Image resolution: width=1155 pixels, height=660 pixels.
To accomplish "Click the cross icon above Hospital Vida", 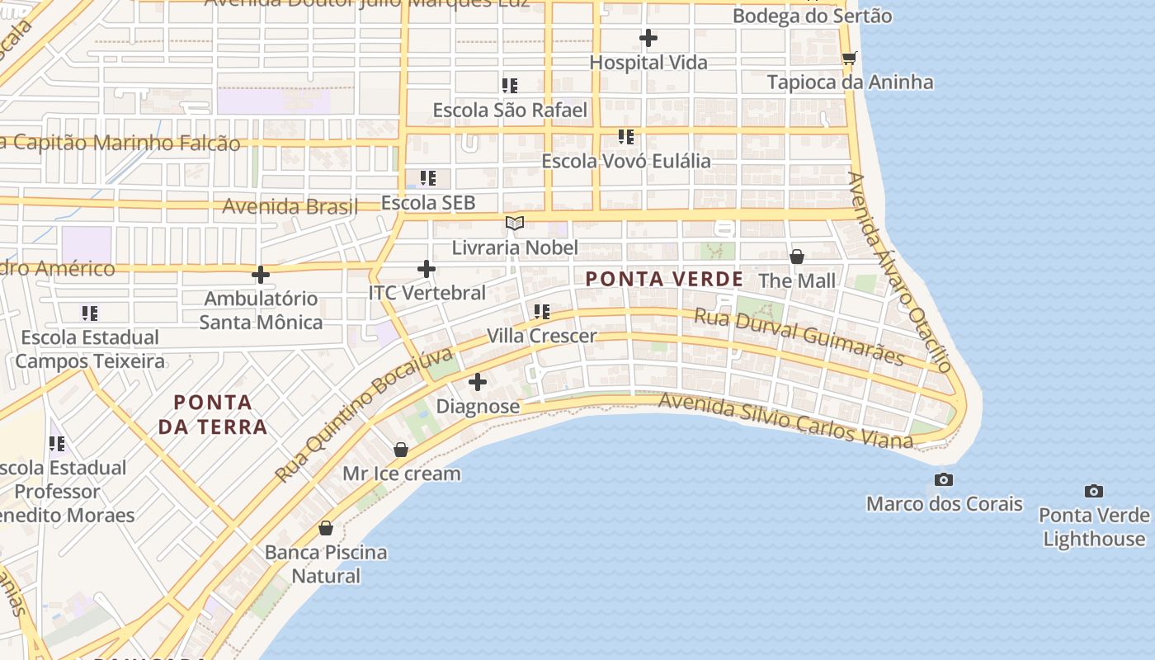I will (x=648, y=38).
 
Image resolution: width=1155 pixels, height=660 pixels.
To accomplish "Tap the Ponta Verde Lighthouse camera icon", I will (x=1094, y=492).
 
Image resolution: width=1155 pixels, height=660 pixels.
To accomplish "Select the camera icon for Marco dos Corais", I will (x=944, y=480).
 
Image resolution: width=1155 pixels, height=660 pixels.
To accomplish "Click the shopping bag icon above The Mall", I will (x=797, y=257).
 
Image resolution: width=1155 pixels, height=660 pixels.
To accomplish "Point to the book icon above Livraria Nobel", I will (x=515, y=224).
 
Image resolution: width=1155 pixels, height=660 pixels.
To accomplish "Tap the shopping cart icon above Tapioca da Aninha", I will (x=849, y=58).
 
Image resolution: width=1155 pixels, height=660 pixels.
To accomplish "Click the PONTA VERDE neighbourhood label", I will (x=664, y=279).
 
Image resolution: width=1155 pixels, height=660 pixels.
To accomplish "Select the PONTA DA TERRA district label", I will (x=213, y=414).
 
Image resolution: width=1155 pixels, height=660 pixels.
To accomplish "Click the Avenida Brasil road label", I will (x=290, y=206).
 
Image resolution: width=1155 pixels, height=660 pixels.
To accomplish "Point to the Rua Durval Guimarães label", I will (x=799, y=337).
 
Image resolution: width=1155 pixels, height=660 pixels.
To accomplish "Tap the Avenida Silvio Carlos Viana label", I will (x=785, y=422).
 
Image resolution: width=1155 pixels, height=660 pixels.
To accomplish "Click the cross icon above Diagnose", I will (x=478, y=382).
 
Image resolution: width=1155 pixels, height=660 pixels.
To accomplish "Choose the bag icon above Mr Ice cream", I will (x=401, y=450).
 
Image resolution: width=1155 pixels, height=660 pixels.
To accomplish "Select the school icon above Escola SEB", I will (x=427, y=178).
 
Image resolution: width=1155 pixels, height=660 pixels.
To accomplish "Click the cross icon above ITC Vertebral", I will (x=427, y=269).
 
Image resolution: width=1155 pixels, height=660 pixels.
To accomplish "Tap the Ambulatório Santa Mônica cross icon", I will (x=261, y=275).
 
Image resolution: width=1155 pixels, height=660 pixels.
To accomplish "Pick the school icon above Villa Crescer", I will (x=541, y=312).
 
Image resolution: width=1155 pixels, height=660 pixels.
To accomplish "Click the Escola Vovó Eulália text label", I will (x=625, y=161).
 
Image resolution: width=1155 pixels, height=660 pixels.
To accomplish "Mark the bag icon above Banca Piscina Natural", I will (x=326, y=528).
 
